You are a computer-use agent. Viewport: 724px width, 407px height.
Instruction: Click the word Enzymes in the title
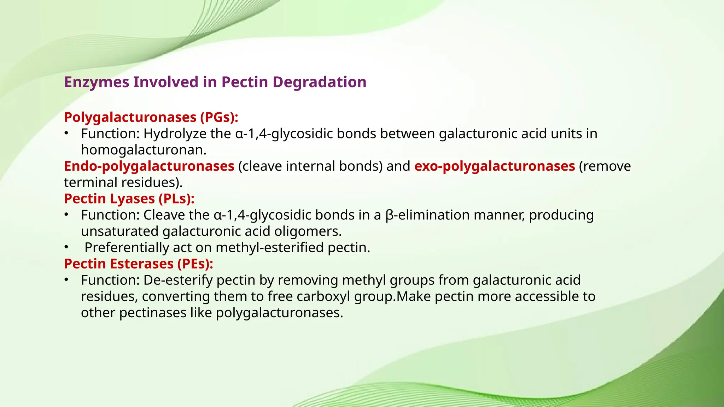coord(97,82)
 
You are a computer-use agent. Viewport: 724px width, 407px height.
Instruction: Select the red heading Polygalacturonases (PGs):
coord(151,117)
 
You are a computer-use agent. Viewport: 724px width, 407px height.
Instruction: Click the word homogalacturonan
coord(143,150)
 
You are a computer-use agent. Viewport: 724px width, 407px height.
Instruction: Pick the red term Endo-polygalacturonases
coord(149,166)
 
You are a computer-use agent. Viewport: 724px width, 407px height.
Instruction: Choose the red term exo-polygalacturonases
coord(495,166)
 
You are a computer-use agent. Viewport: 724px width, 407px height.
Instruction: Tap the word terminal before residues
coord(91,183)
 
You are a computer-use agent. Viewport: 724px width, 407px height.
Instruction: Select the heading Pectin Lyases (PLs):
coord(129,199)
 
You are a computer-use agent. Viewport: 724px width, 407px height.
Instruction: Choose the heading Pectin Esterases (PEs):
coord(139,264)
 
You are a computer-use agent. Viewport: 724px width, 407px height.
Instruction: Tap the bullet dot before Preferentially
coord(66,247)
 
